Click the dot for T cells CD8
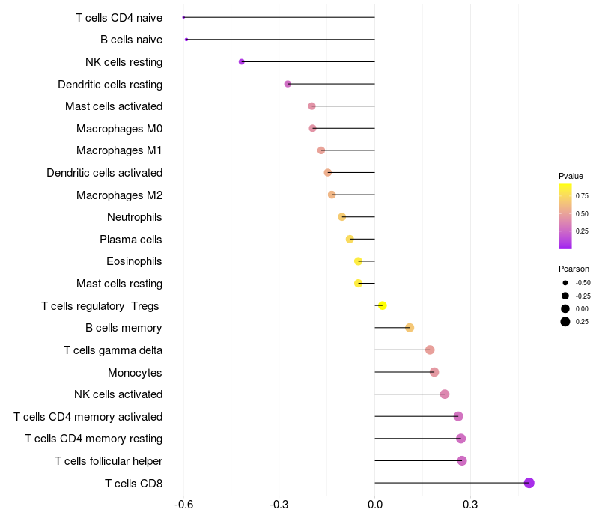529,483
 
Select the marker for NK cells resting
241,61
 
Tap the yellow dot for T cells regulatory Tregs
383,305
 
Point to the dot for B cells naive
186,40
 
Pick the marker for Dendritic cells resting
288,84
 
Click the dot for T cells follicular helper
462,460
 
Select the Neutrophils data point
342,217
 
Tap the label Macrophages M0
119,129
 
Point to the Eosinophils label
134,261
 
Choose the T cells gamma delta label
113,350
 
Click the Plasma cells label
131,240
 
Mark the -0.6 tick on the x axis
183,505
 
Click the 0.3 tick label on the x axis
470,505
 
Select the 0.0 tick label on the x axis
374,505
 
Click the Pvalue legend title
571,176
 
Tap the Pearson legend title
574,269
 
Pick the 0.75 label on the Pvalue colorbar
582,195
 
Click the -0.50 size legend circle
565,283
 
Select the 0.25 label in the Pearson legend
582,322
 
